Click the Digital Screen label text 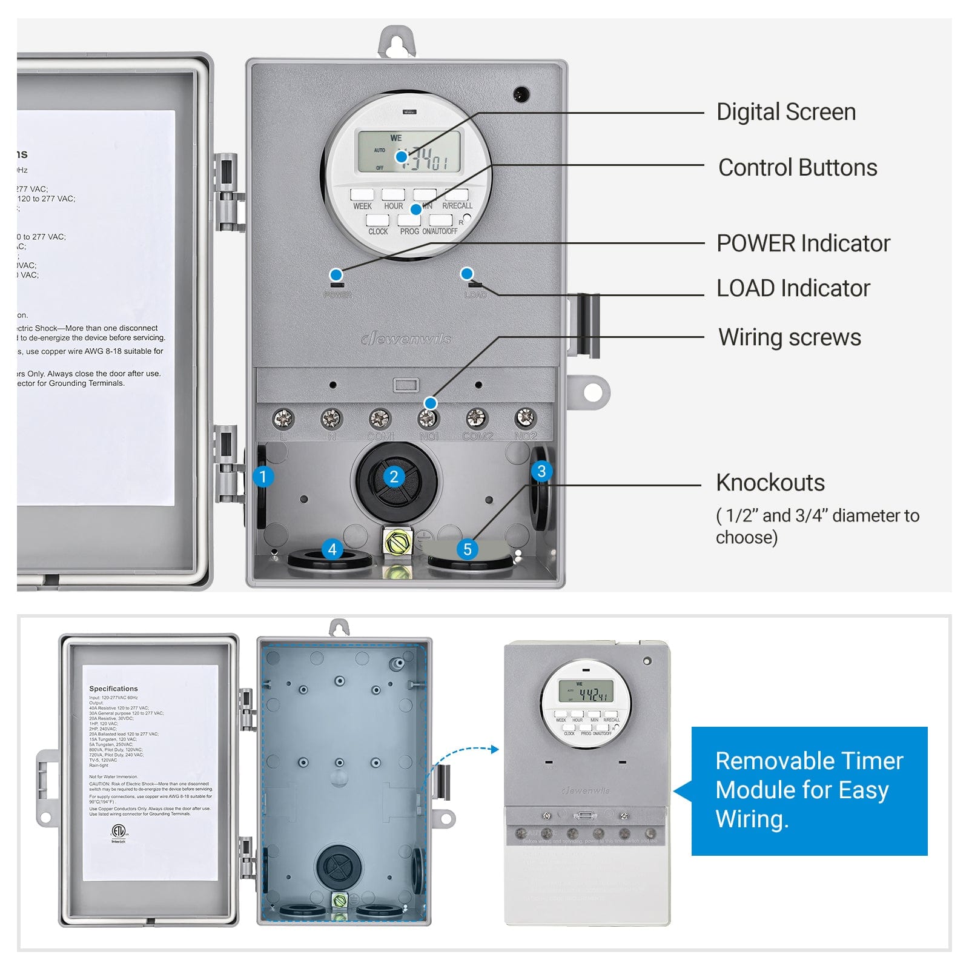[x=785, y=112]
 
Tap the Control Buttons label [x=797, y=168]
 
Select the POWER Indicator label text [x=802, y=243]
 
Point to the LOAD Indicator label [x=793, y=288]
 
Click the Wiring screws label [x=789, y=337]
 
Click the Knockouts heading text [x=770, y=483]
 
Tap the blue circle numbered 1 [x=263, y=477]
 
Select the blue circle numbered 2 [x=394, y=477]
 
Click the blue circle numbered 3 [x=541, y=471]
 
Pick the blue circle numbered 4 [x=332, y=549]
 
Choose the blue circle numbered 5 [x=467, y=549]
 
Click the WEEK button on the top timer [x=362, y=195]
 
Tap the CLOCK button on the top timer [x=378, y=220]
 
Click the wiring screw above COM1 [x=380, y=418]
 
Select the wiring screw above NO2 [x=524, y=417]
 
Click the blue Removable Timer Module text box [x=809, y=790]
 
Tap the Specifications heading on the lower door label [x=113, y=689]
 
